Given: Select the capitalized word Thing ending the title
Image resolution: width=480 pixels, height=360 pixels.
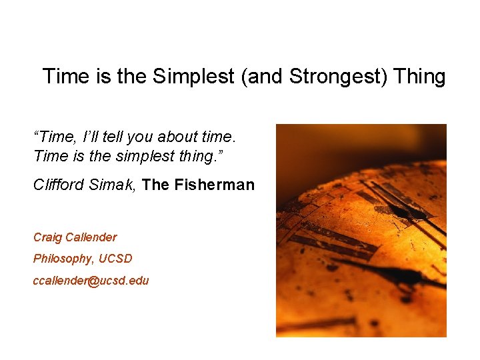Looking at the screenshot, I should [x=419, y=76].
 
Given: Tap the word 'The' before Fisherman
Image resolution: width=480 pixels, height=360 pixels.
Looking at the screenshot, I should [x=156, y=185].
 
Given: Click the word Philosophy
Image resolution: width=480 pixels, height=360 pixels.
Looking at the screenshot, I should [x=63, y=259].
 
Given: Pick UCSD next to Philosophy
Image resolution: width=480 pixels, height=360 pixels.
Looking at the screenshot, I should [x=115, y=259].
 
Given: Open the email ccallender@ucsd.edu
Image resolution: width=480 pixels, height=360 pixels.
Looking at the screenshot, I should [x=91, y=281].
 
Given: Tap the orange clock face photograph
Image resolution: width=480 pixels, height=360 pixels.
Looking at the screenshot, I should [x=361, y=230].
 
